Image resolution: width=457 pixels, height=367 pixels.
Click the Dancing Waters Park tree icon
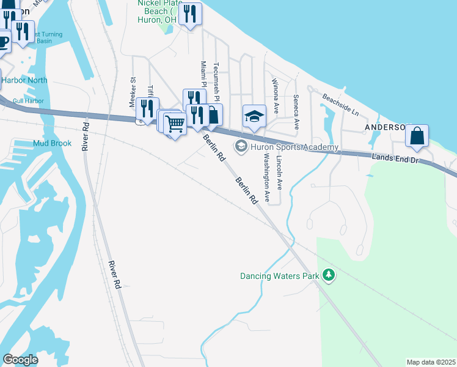coord(329,276)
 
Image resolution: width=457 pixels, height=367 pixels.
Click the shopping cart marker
coord(175,123)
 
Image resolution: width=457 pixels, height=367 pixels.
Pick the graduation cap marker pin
coord(254,116)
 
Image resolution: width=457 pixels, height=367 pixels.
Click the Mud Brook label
coord(53,143)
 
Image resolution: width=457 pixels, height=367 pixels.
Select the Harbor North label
coord(24,80)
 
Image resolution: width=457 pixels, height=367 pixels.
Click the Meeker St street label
coord(132,92)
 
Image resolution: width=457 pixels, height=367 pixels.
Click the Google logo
coord(20,360)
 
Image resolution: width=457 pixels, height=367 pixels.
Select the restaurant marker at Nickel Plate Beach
coord(190,13)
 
